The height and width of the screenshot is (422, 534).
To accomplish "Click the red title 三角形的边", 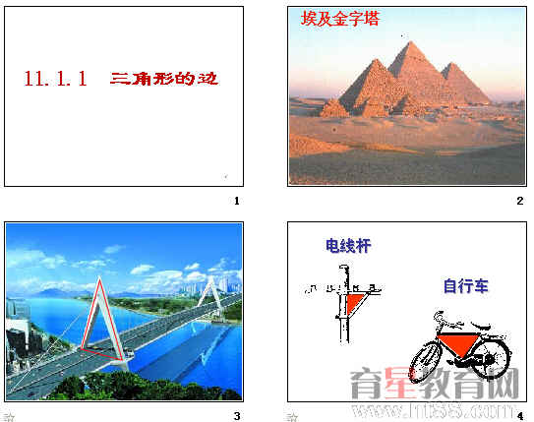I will coord(163,79).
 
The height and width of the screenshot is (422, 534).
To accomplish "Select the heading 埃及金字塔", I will coord(339,19).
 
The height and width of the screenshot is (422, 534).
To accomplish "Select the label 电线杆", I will coord(349,246).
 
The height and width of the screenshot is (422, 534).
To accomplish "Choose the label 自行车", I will coord(465,287).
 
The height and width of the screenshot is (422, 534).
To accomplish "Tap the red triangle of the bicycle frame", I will coord(456,343).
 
